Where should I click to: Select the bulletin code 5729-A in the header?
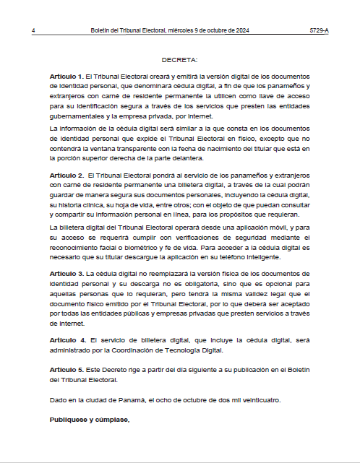320,31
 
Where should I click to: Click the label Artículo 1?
67,76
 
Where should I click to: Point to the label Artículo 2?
67,176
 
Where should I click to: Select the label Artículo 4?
67,339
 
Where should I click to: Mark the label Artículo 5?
67,369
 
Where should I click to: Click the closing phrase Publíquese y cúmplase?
90,420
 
